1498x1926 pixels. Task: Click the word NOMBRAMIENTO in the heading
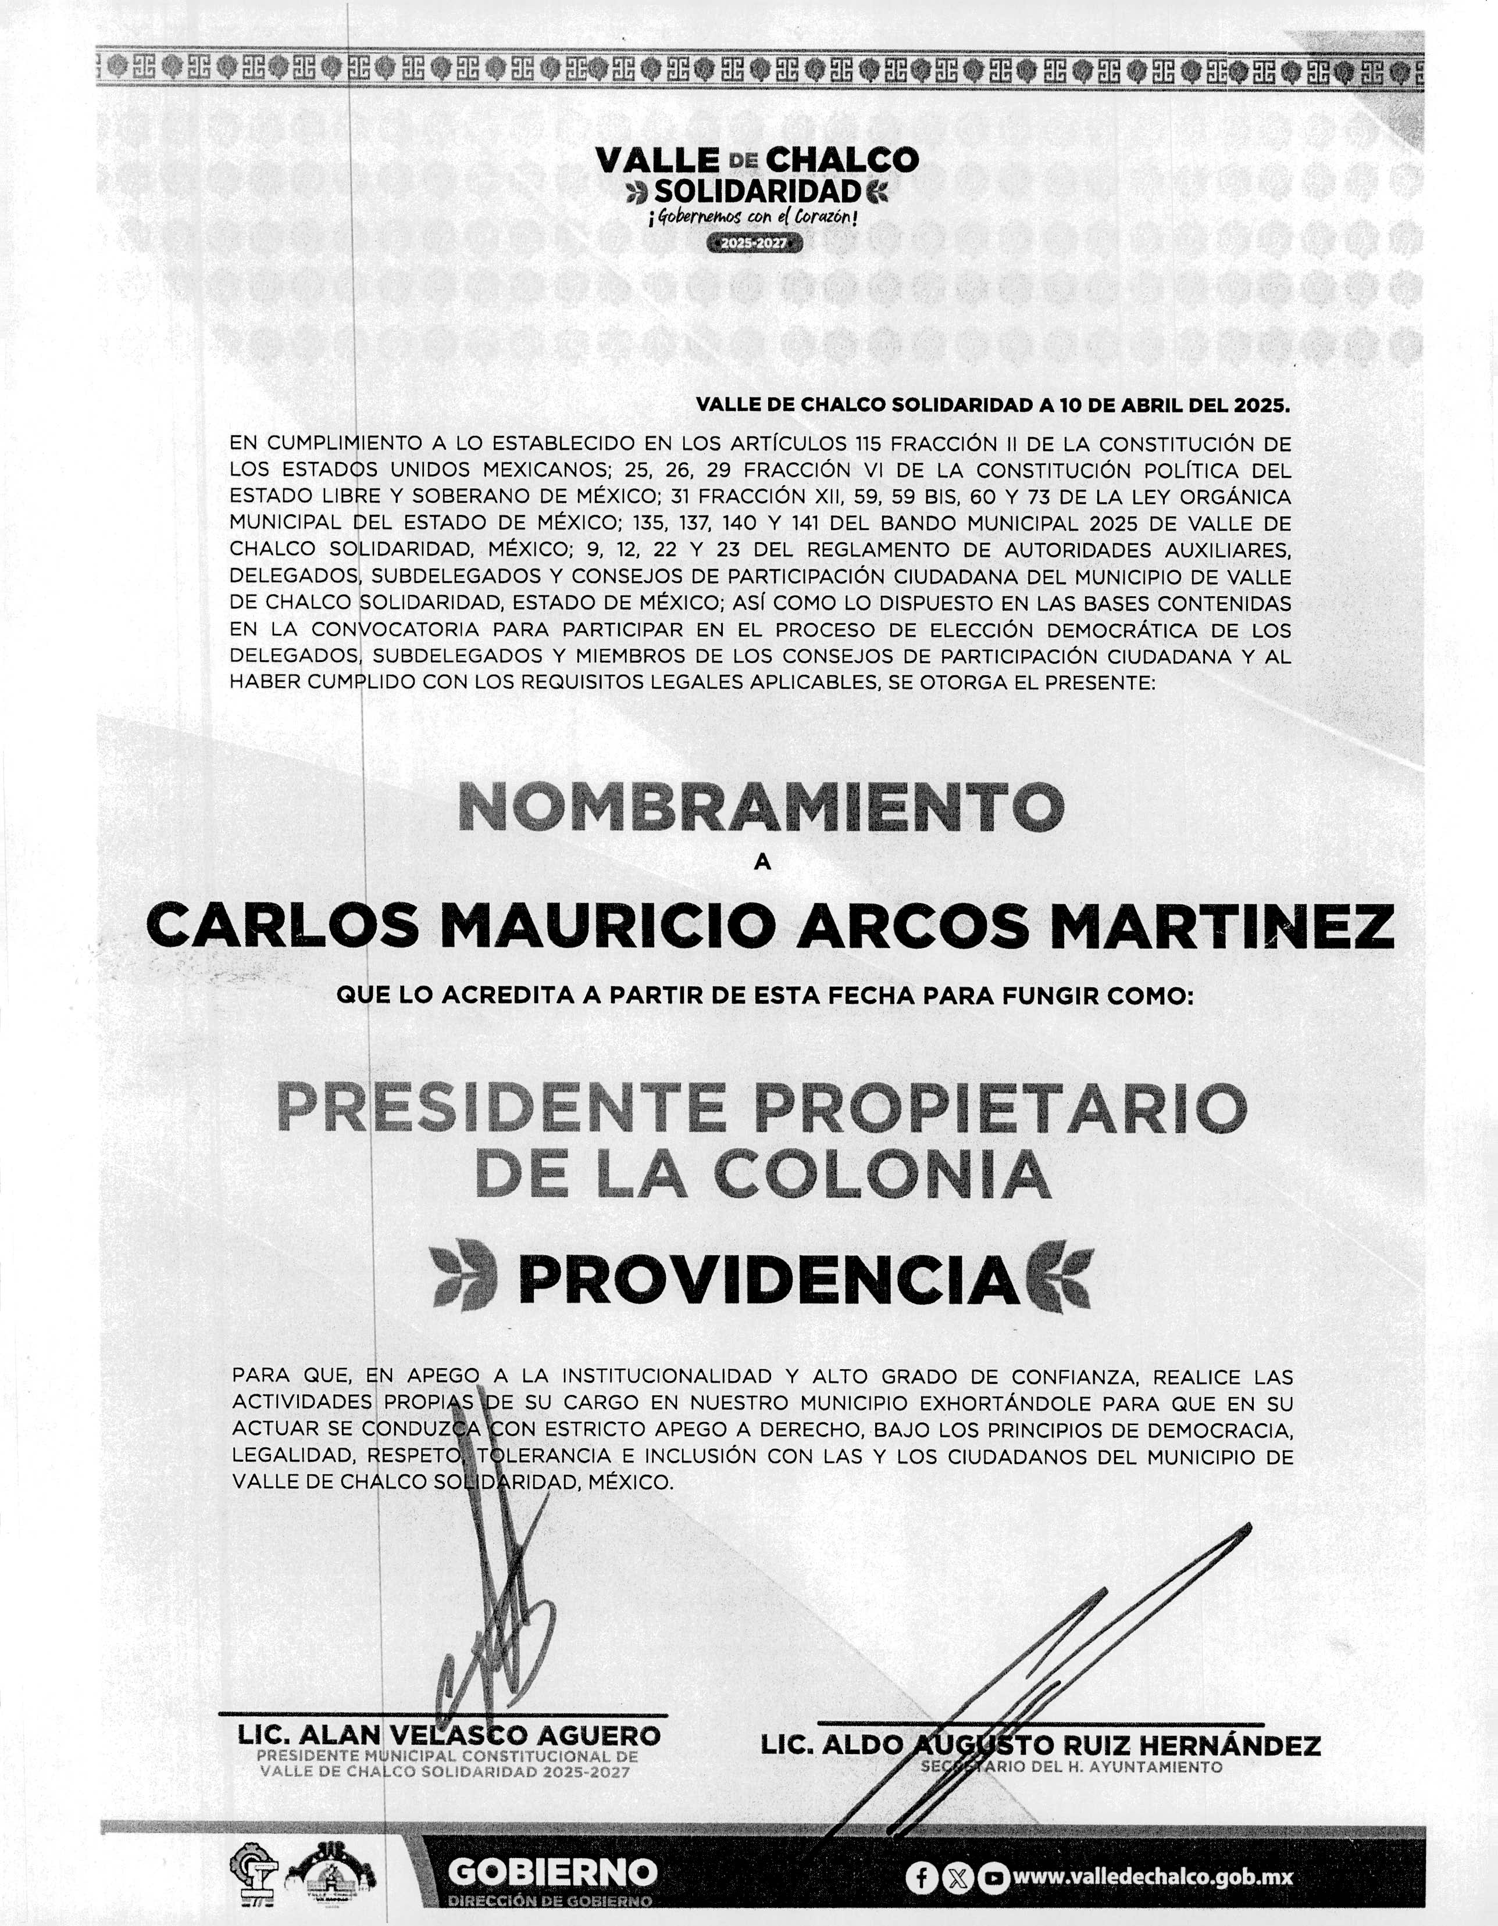[761, 808]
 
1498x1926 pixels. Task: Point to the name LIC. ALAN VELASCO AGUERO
[449, 1735]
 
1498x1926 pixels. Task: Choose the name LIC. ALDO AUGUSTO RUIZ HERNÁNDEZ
[1040, 1745]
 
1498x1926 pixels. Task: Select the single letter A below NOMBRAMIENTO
[762, 864]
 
